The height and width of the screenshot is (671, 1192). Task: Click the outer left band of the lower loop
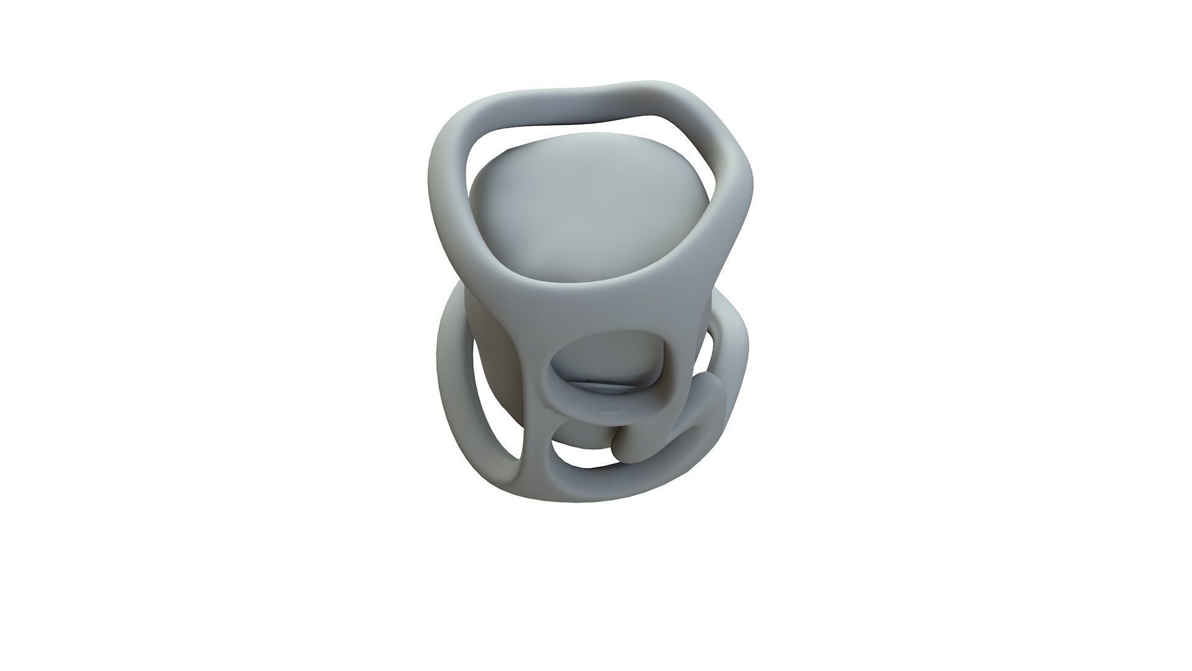click(x=453, y=385)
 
